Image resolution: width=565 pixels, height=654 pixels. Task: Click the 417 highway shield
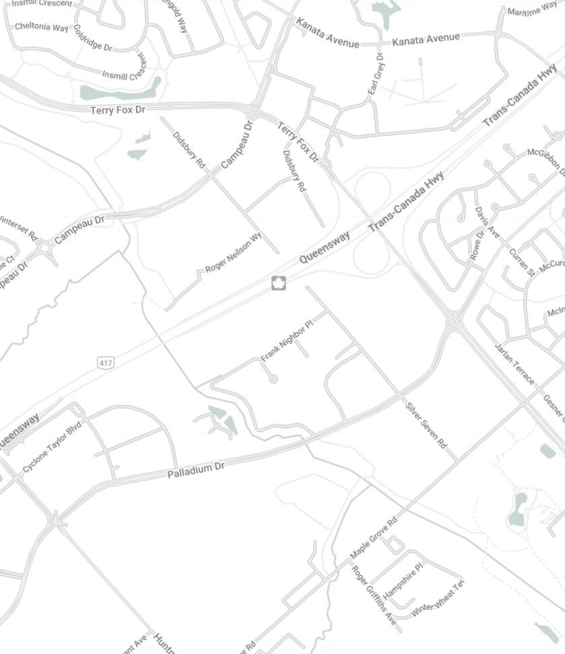click(105, 363)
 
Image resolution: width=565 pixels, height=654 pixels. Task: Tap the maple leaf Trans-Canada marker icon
click(279, 283)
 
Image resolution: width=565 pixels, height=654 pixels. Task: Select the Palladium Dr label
click(195, 470)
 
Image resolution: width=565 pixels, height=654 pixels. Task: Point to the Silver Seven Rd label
click(426, 425)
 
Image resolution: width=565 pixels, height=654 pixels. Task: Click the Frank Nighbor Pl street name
click(287, 341)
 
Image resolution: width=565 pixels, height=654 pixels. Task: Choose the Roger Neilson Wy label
click(233, 253)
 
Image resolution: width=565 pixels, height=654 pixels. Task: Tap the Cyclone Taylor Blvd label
click(52, 447)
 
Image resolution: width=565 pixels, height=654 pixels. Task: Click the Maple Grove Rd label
click(374, 538)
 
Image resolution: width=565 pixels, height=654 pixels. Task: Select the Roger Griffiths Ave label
click(374, 595)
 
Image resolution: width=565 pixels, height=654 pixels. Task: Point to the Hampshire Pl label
click(403, 581)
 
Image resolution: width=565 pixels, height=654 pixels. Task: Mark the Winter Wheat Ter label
click(438, 599)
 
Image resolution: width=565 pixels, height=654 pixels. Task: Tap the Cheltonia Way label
click(41, 27)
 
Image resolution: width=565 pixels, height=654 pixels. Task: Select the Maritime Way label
click(532, 9)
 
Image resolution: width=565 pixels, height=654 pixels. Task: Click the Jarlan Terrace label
click(514, 364)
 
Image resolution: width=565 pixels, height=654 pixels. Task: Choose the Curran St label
click(521, 262)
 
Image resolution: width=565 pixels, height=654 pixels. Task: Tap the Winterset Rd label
click(17, 225)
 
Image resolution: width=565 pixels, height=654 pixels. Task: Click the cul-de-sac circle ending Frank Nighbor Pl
click(273, 379)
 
